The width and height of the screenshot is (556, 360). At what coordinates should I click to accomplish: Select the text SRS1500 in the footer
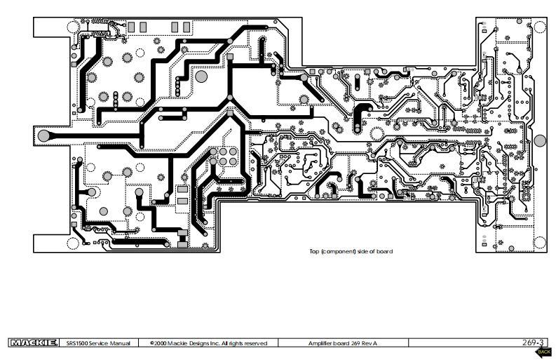pyautogui.click(x=76, y=343)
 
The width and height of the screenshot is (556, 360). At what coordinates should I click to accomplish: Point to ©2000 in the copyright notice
pyautogui.click(x=158, y=343)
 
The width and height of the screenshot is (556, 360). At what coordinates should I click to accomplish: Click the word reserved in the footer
pyautogui.click(x=254, y=343)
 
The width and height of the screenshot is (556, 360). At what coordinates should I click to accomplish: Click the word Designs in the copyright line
pyautogui.click(x=198, y=343)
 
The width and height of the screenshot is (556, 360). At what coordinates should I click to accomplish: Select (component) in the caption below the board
pyautogui.click(x=338, y=251)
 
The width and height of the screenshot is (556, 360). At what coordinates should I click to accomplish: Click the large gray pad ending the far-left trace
pyautogui.click(x=43, y=135)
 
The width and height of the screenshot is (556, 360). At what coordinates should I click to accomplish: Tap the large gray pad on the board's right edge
pyautogui.click(x=539, y=140)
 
